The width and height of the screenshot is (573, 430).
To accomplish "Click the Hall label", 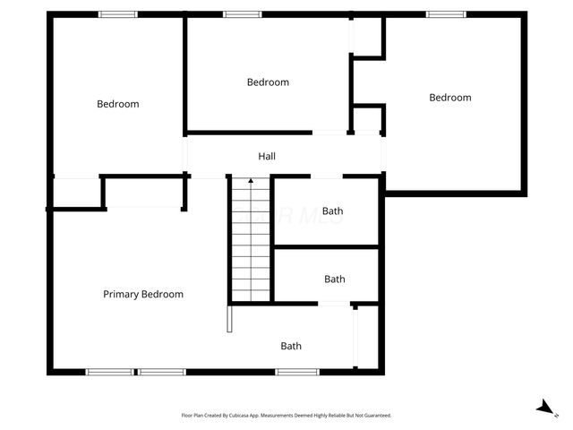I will coord(267,156).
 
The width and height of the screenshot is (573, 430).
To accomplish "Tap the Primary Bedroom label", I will coord(143,294).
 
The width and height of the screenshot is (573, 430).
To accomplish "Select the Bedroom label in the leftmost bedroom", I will coord(118,104).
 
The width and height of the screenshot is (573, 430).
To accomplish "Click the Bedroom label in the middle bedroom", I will coord(268,82).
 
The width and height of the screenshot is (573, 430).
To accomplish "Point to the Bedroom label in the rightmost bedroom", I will coord(449,98).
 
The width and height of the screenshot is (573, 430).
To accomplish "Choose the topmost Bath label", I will coord(333,211).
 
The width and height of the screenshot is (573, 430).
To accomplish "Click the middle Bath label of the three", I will coord(335,279).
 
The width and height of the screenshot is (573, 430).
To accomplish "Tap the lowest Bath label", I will coord(291,346).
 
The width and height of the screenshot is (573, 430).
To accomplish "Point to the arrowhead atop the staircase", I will coord(251,181).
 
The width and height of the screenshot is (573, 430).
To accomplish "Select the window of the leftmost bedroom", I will coord(117,13).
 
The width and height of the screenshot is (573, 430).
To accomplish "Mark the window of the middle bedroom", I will coord(242,13).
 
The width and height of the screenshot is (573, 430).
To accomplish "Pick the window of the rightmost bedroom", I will coord(445,13).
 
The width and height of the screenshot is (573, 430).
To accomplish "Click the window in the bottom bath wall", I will coord(296,371).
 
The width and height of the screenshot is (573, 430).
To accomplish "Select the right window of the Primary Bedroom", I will coord(161,371).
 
